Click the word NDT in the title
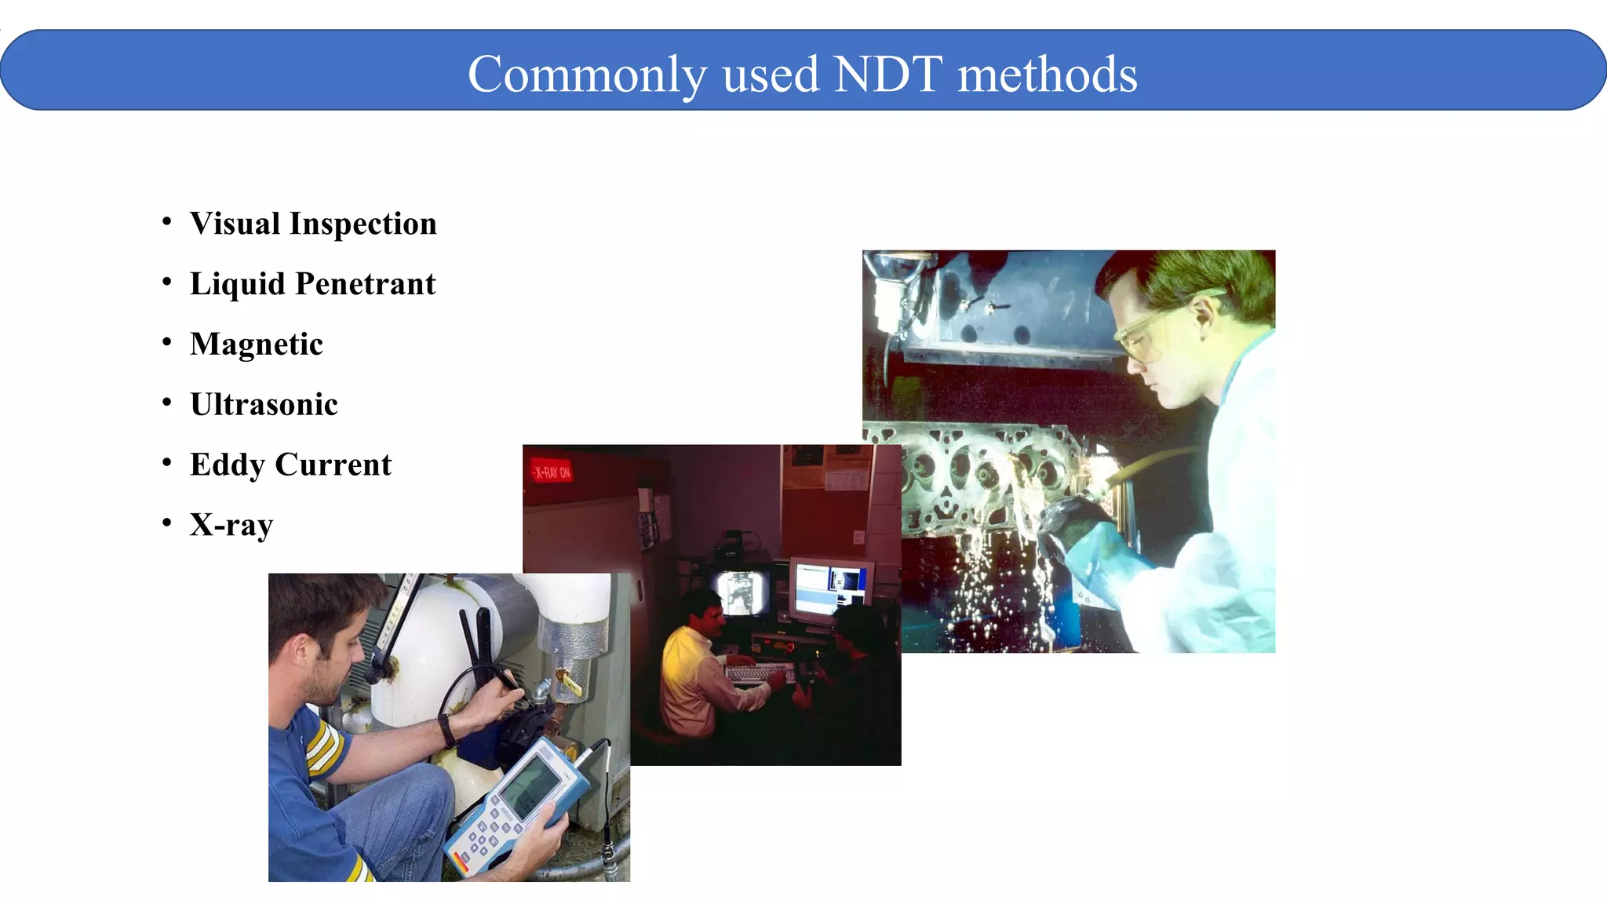(x=887, y=75)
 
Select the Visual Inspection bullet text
(x=313, y=224)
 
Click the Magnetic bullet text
(x=256, y=344)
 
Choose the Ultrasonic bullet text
(x=264, y=405)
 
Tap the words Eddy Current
(x=290, y=465)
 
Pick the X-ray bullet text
(x=231, y=525)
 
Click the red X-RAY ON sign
(x=552, y=472)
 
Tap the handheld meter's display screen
(x=531, y=784)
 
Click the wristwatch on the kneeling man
(x=447, y=729)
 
